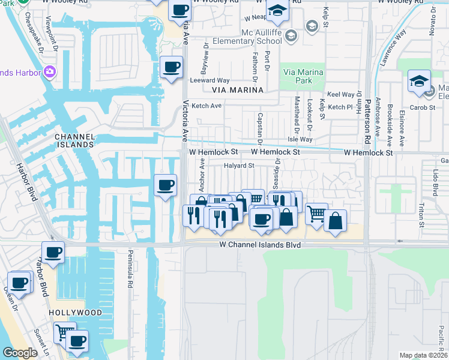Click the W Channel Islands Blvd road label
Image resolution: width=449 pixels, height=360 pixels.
tap(259, 245)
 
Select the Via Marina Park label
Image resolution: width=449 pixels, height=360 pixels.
tap(303, 76)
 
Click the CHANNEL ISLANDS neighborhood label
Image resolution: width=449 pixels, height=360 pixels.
tap(75, 140)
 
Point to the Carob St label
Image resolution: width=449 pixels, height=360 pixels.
tap(422, 107)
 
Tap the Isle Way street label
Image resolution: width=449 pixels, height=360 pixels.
tap(300, 139)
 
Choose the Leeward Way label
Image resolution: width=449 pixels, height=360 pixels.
tap(209, 80)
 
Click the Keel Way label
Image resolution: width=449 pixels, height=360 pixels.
tap(341, 95)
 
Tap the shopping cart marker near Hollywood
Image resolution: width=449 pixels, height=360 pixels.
tap(64, 331)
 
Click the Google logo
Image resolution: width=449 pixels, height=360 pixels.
tap(20, 353)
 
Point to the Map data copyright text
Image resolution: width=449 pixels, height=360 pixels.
tap(423, 355)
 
